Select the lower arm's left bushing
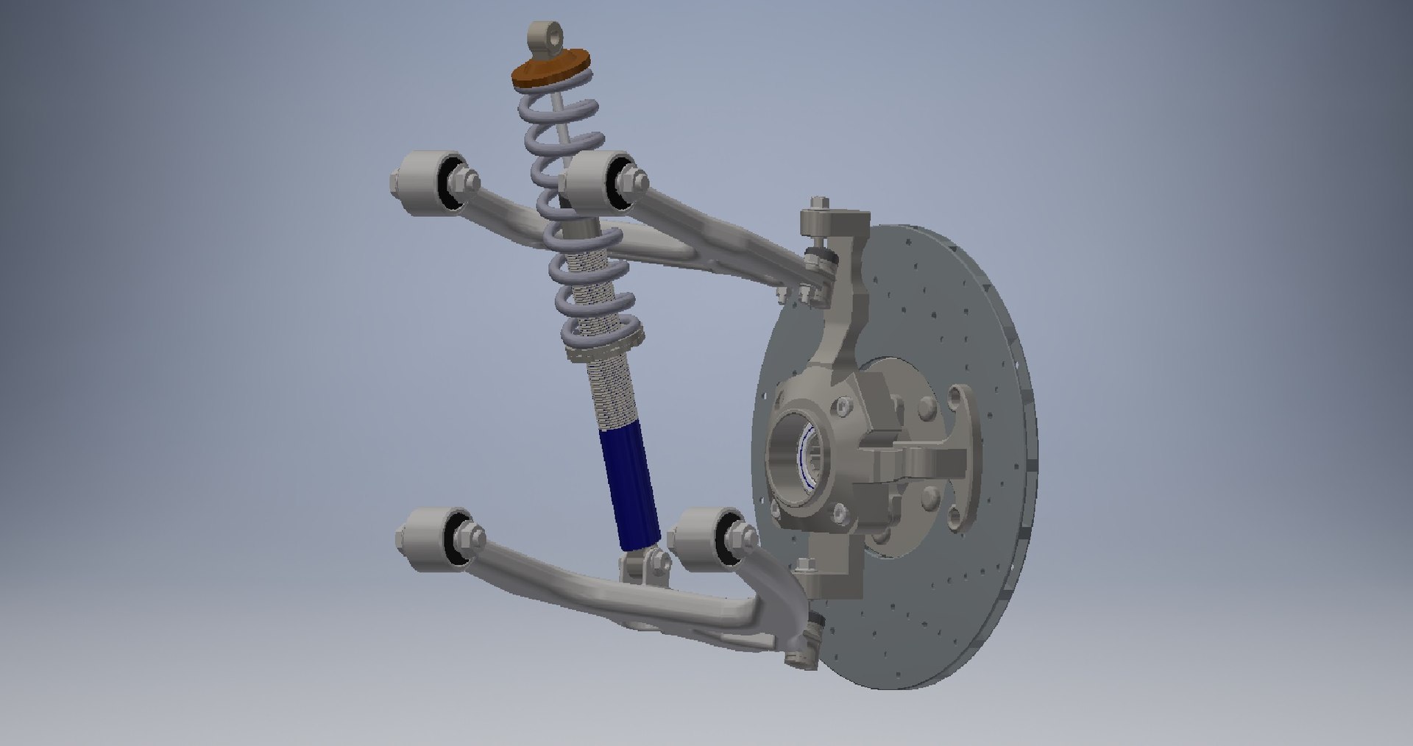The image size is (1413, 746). click(x=432, y=539)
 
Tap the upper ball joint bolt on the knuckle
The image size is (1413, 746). click(x=818, y=210)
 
